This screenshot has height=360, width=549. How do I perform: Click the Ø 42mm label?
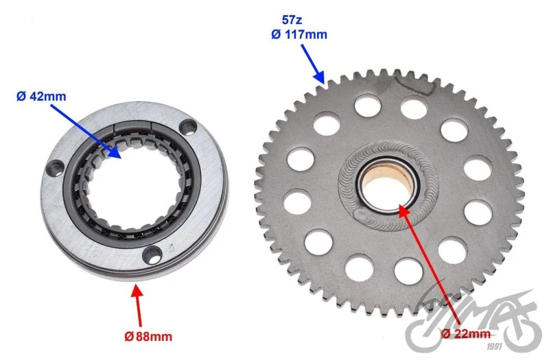(x=41, y=96)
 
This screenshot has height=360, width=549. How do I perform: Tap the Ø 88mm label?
(x=148, y=337)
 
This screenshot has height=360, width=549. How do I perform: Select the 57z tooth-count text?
(x=292, y=20)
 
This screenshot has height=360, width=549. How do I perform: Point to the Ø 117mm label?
(x=299, y=34)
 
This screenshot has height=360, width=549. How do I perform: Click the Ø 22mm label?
(x=466, y=333)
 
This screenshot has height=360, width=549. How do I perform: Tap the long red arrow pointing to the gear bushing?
(x=430, y=265)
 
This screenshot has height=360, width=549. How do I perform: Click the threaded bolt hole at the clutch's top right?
(x=188, y=126)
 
